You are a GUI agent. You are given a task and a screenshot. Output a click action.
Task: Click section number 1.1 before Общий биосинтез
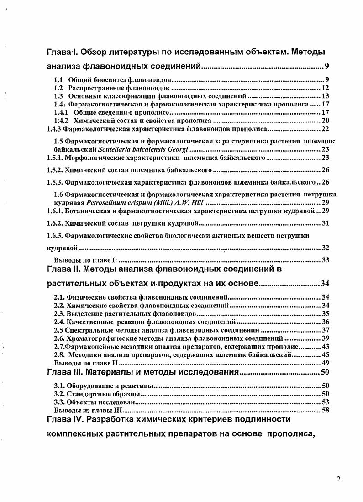[59, 80]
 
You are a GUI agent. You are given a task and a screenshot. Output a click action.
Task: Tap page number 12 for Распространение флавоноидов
[326, 88]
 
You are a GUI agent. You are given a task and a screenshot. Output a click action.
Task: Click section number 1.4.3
[55, 129]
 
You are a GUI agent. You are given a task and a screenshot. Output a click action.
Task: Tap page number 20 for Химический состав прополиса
[326, 121]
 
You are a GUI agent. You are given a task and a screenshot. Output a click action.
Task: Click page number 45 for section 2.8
[326, 354]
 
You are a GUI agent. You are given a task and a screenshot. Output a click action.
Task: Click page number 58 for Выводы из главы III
[326, 410]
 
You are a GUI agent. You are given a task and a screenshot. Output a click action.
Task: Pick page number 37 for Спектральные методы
[326, 330]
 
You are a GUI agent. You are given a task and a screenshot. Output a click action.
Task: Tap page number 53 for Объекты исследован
[326, 402]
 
